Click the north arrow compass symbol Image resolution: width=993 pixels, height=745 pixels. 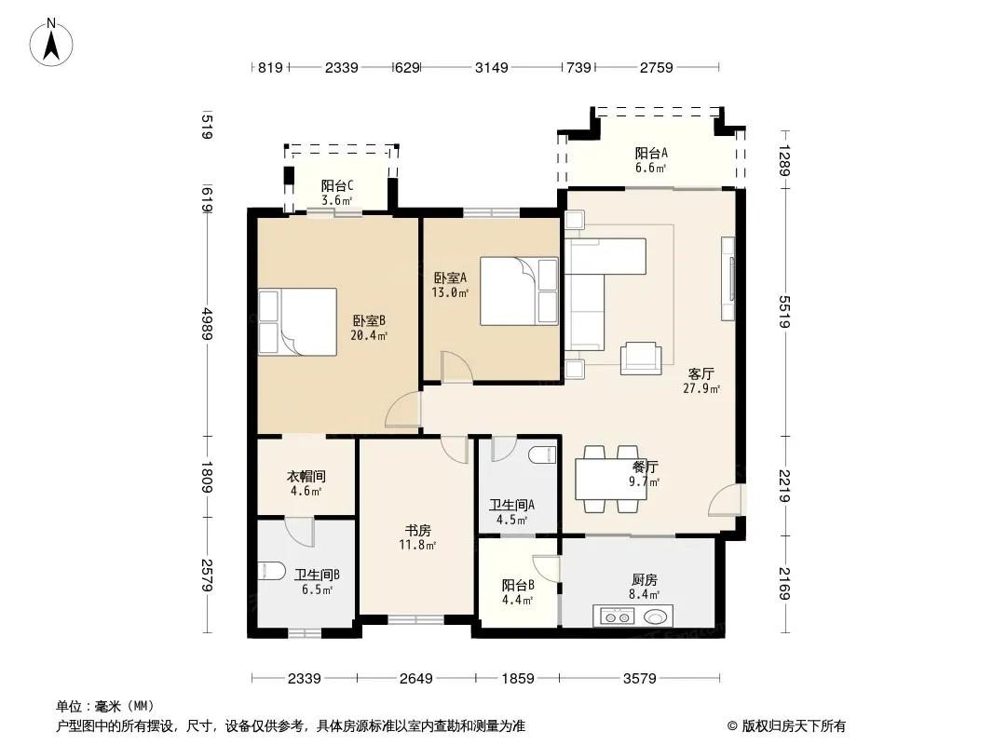(x=51, y=43)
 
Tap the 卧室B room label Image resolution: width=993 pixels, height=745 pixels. (x=369, y=320)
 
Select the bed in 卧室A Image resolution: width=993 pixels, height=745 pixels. (x=519, y=291)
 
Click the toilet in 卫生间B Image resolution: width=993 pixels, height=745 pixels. (x=272, y=571)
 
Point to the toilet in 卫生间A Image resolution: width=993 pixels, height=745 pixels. (x=542, y=454)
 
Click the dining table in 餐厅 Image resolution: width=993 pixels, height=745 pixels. (x=610, y=480)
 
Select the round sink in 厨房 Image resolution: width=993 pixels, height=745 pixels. (x=657, y=616)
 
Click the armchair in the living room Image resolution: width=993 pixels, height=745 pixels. (x=641, y=359)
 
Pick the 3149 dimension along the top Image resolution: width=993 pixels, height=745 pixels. (x=492, y=67)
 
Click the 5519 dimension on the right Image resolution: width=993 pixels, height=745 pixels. (x=784, y=311)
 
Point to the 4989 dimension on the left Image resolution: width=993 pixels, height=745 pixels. (x=207, y=323)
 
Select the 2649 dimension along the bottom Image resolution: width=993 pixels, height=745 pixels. (x=416, y=679)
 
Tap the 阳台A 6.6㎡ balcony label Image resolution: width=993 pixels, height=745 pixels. (x=651, y=160)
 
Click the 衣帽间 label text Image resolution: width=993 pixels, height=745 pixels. (x=306, y=476)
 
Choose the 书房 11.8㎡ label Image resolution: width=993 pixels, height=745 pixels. (x=418, y=536)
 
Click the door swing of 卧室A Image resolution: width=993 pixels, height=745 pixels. (x=456, y=367)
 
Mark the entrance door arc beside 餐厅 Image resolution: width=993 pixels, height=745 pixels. (x=724, y=500)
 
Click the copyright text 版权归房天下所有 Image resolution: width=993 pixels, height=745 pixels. (x=794, y=726)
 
